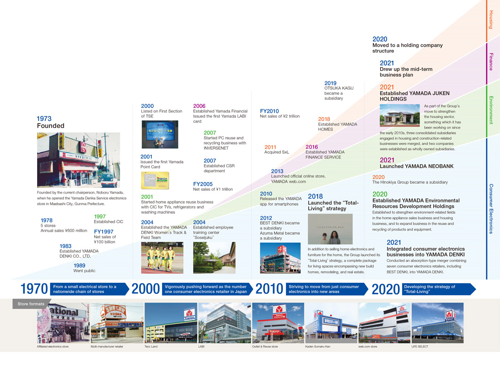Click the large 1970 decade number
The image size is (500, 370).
(x=34, y=289)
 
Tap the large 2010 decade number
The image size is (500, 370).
(x=269, y=289)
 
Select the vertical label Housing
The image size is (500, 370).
(x=491, y=20)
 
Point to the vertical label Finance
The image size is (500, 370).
(x=491, y=62)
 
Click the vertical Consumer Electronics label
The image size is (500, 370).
(x=491, y=209)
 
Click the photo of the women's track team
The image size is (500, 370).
(x=162, y=258)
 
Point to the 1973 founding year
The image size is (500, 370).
(x=44, y=119)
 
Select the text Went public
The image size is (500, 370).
(x=84, y=271)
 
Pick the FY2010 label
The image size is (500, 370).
(x=269, y=111)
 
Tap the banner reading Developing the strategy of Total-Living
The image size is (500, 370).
(x=437, y=289)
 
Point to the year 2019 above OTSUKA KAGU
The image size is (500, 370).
(x=330, y=83)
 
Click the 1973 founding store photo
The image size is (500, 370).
(x=78, y=160)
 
